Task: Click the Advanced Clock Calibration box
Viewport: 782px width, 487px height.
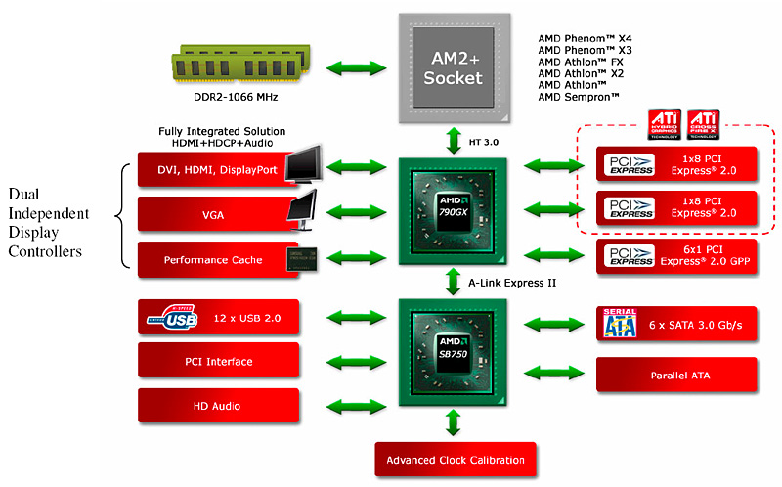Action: pyautogui.click(x=456, y=460)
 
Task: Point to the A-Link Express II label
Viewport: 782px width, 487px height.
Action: pyautogui.click(x=513, y=285)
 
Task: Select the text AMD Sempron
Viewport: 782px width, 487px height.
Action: pyautogui.click(x=579, y=98)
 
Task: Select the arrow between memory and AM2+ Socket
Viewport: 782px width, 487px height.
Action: pyautogui.click(x=347, y=69)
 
